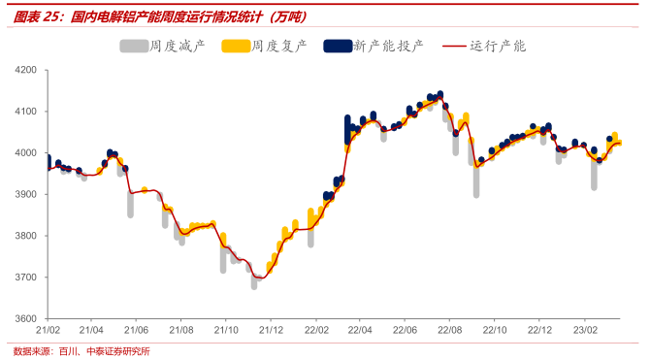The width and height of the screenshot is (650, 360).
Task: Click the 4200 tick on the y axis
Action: coord(25,71)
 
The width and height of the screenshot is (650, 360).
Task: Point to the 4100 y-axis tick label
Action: coord(25,112)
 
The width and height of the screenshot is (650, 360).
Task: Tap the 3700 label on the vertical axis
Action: coord(25,278)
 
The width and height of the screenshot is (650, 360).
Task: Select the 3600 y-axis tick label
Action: coord(25,318)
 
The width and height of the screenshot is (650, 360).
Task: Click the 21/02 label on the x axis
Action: coord(48,330)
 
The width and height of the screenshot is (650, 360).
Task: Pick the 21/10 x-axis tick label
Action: coord(225,330)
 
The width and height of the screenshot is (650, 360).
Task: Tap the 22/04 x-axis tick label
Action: coord(359,330)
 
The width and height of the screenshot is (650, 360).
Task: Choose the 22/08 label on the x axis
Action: coord(449,330)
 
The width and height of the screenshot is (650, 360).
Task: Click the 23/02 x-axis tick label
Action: coord(582,330)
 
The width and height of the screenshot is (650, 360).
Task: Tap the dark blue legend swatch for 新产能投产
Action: coord(336,46)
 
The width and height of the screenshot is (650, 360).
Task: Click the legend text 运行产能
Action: coord(498,46)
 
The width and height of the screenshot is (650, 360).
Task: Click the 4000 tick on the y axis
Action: coord(25,153)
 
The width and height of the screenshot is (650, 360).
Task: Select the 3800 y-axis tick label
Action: coord(25,236)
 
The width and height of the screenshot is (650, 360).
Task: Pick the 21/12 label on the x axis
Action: coord(271,330)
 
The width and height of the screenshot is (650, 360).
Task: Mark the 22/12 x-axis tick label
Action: coord(538,330)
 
